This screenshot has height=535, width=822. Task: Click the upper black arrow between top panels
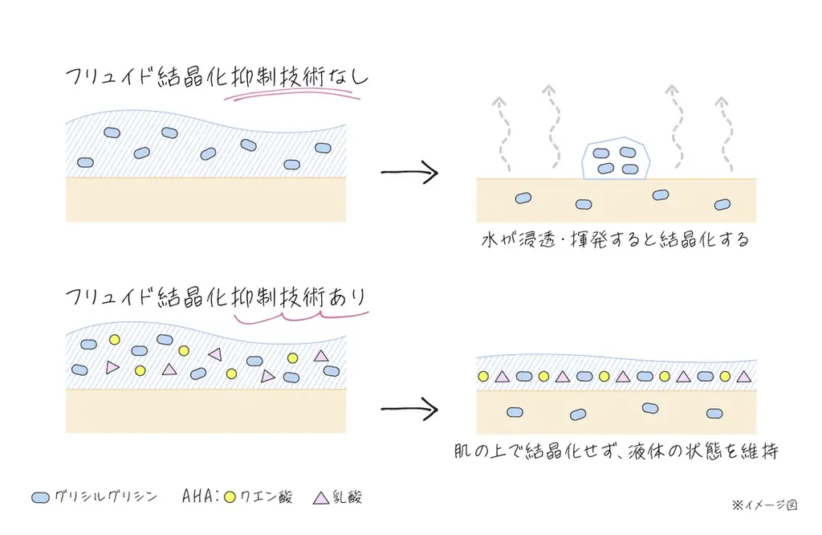click(x=409, y=173)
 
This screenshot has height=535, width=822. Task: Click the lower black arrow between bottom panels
click(x=409, y=408)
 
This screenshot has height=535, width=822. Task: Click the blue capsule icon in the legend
click(x=41, y=498)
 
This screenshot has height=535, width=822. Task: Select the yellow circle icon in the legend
click(x=230, y=498)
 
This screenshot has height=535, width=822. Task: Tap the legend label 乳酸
click(x=350, y=498)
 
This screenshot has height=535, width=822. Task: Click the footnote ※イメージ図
click(x=763, y=505)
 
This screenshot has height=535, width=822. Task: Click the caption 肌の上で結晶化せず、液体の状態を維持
click(x=616, y=452)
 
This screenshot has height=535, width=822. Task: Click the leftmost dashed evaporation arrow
click(x=503, y=133)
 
